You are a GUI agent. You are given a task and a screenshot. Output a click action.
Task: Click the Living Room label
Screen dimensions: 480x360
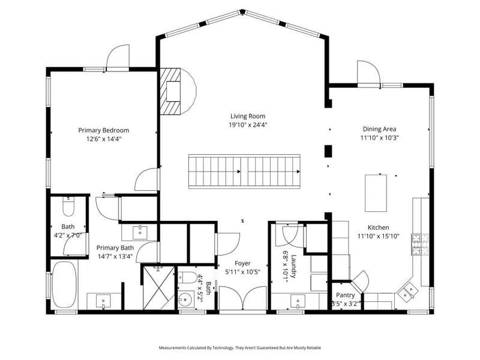(248, 116)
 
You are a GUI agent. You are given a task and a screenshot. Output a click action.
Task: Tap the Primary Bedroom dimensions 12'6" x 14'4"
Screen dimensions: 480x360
(104, 139)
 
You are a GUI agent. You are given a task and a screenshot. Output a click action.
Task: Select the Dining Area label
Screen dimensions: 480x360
(379, 129)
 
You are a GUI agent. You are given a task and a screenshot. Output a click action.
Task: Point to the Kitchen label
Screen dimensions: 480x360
(379, 227)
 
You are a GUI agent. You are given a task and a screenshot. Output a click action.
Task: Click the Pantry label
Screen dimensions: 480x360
(346, 295)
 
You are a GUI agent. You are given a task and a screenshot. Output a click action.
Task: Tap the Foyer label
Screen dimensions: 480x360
(243, 263)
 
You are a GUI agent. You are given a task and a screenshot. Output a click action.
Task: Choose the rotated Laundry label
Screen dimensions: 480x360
(293, 266)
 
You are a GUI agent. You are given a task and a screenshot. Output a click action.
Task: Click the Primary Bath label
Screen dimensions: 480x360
(115, 248)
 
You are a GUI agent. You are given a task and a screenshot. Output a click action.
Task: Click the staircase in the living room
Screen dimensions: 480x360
(244, 172)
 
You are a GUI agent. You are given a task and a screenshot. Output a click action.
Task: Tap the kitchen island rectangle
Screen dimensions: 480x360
(376, 193)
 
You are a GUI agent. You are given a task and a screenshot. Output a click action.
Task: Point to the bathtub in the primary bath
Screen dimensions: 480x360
(64, 284)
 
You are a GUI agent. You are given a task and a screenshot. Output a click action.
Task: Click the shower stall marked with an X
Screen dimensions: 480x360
(159, 288)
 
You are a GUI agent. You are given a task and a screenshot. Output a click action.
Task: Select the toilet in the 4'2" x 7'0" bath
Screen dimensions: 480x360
(68, 206)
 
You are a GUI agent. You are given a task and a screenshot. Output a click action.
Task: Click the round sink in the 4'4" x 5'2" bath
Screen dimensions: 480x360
(185, 298)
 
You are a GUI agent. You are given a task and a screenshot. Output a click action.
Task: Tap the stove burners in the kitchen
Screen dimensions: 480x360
(420, 244)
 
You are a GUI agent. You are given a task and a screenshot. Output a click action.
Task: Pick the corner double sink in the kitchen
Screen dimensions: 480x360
(408, 291)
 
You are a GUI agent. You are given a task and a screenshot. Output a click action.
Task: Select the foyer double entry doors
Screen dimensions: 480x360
(243, 298)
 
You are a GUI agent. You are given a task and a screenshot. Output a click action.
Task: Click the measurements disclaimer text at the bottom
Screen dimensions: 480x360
(240, 348)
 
